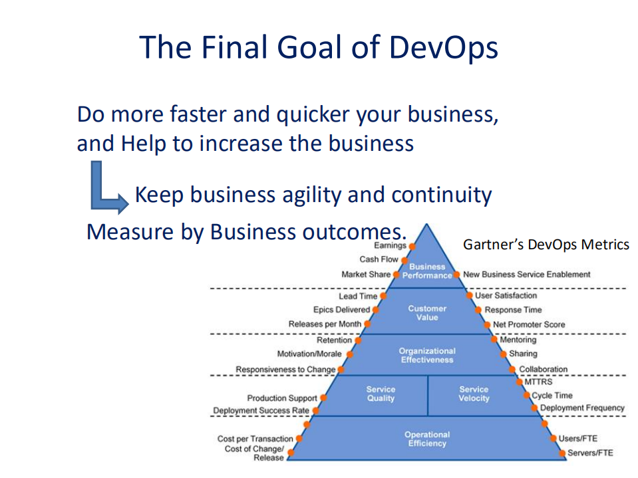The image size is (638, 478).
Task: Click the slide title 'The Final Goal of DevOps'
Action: pyautogui.click(x=319, y=48)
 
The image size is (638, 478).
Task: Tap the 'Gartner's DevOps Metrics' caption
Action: pyautogui.click(x=546, y=245)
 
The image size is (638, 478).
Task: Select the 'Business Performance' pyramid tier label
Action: pyautogui.click(x=427, y=271)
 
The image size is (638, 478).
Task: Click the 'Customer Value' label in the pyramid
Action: pyautogui.click(x=427, y=312)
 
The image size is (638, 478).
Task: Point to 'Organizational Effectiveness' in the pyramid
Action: pyautogui.click(x=427, y=355)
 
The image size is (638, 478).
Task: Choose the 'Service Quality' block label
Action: pyautogui.click(x=381, y=394)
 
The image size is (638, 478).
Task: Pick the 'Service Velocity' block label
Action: pyautogui.click(x=474, y=394)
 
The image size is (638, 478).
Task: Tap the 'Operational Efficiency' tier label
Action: pyautogui.click(x=427, y=439)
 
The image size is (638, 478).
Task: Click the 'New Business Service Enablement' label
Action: pyautogui.click(x=526, y=274)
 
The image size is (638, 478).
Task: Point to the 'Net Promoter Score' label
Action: pyautogui.click(x=529, y=324)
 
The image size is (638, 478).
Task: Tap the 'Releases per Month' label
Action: pyautogui.click(x=325, y=324)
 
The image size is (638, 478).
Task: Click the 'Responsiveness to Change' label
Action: pyautogui.click(x=285, y=369)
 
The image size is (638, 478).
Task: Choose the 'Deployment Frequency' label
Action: pyautogui.click(x=582, y=408)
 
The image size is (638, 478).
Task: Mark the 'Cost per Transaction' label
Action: pyautogui.click(x=255, y=439)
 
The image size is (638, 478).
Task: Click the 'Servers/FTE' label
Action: pyautogui.click(x=590, y=453)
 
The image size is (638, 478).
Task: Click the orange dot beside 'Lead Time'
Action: pyautogui.click(x=383, y=296)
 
